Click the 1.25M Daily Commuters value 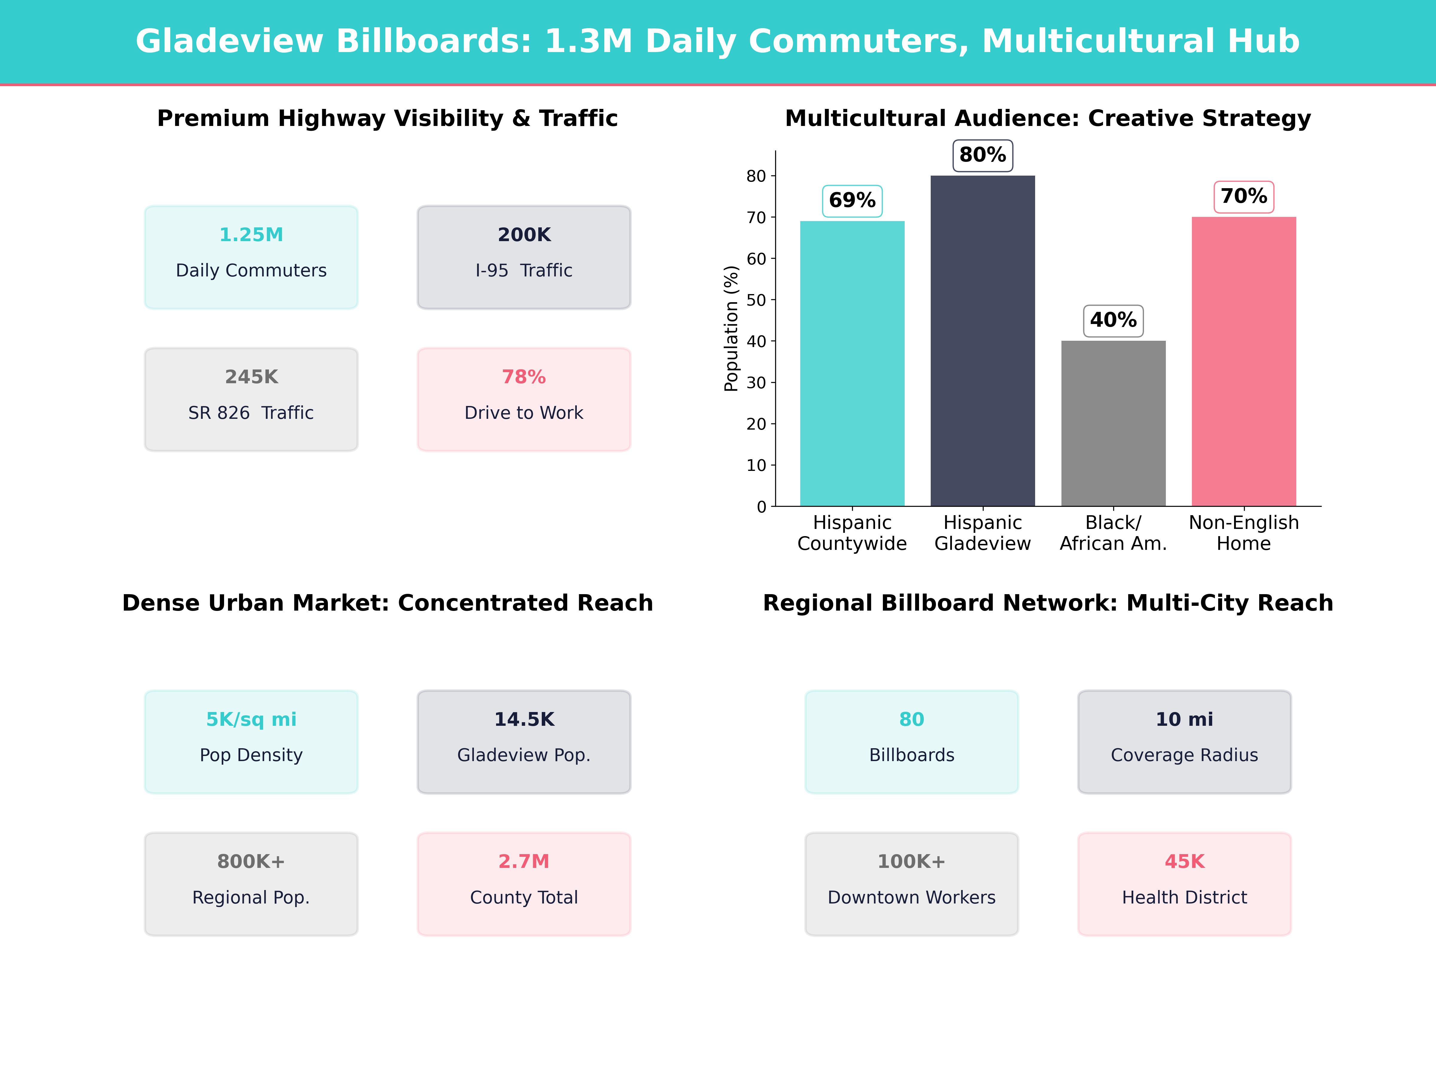click(x=251, y=235)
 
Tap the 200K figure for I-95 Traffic click(x=524, y=235)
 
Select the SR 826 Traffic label click(x=251, y=413)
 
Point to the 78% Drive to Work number click(x=524, y=377)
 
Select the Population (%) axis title click(x=731, y=328)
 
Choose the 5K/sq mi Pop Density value click(x=251, y=719)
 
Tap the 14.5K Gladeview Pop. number click(x=524, y=719)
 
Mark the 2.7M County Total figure click(x=524, y=862)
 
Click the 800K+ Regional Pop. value click(x=251, y=862)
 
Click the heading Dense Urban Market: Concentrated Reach click(x=387, y=603)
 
